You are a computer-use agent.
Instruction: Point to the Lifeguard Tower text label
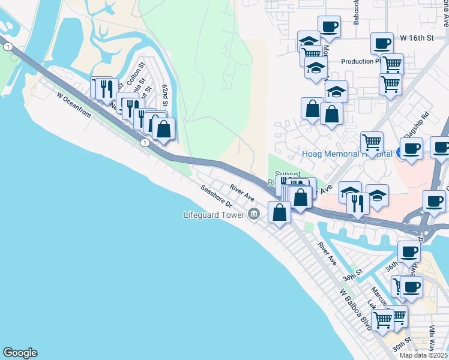pyautogui.click(x=215, y=214)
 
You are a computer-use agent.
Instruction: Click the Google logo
pyautogui.click(x=20, y=353)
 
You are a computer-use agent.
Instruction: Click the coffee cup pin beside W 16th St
pyautogui.click(x=382, y=43)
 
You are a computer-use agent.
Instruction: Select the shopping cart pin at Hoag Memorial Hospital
pyautogui.click(x=372, y=143)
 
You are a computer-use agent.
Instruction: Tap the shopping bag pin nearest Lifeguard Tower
pyautogui.click(x=280, y=212)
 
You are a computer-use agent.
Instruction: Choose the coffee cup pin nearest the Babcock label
pyautogui.click(x=329, y=27)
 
